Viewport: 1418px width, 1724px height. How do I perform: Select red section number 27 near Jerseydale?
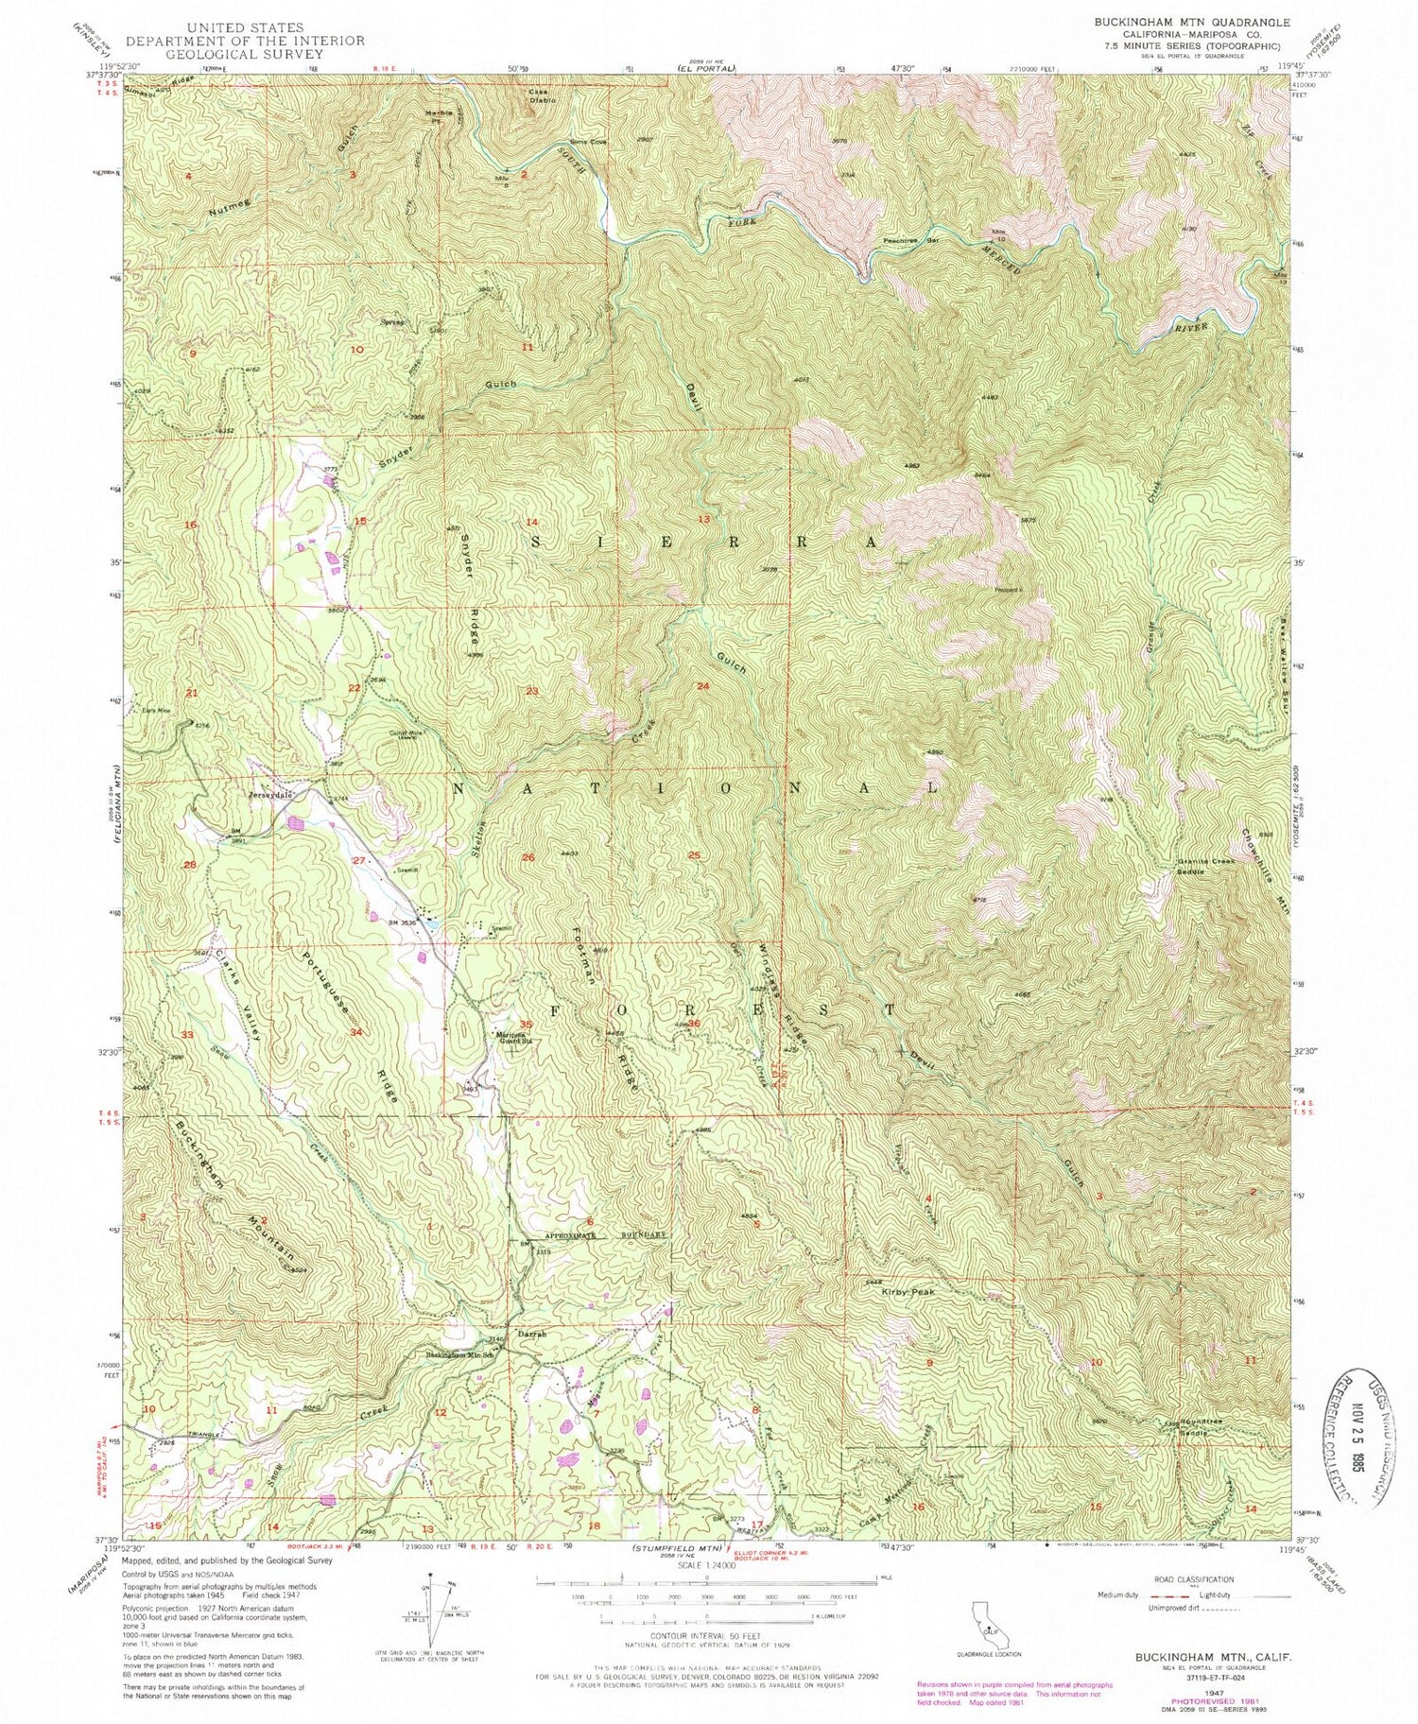coord(358,861)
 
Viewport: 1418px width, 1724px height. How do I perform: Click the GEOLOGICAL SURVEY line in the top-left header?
coord(245,54)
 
